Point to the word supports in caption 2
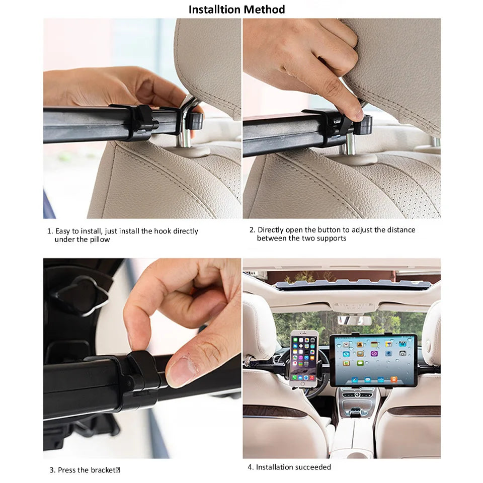coord(330,238)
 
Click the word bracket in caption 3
coord(103,470)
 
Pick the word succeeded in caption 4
coord(313,467)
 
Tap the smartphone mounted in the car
coord(304,358)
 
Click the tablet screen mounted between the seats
coord(373,360)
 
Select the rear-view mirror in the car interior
coord(355,320)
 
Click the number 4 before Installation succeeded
coord(250,467)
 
